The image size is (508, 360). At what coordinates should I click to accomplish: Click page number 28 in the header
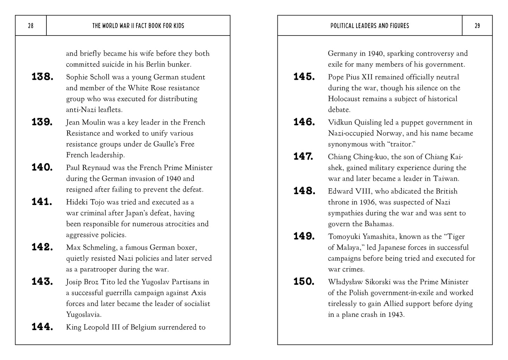pos(31,26)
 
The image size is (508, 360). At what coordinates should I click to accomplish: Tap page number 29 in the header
pos(477,26)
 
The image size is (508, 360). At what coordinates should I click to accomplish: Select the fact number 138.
pos(42,77)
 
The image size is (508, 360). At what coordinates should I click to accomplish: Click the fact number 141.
pos(42,202)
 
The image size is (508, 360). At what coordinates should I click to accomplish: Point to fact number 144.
pos(42,327)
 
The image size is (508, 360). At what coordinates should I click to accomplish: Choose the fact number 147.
pos(303,156)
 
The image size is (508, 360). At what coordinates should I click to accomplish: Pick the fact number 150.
pos(304,282)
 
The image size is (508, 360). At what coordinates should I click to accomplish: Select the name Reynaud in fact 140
pos(95,168)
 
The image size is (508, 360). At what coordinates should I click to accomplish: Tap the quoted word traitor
pos(392,144)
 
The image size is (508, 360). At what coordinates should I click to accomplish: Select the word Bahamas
pos(378,224)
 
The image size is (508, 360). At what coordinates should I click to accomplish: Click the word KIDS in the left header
pos(178,26)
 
